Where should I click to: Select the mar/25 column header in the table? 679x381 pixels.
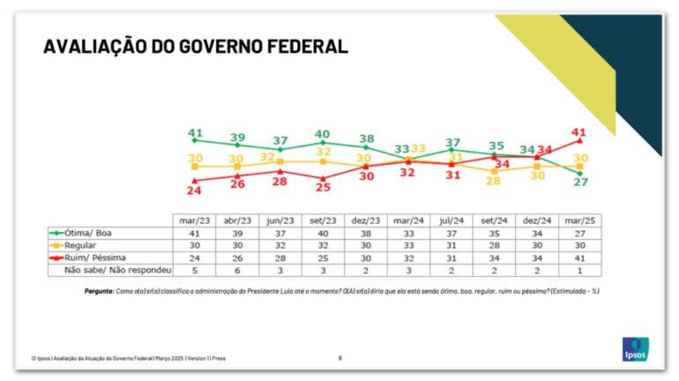coord(580,220)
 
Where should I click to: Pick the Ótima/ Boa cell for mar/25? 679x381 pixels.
coord(580,232)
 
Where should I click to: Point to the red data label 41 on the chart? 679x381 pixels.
coord(578,132)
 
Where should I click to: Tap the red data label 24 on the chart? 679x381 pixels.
coord(195,191)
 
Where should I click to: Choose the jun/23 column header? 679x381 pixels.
coord(280,220)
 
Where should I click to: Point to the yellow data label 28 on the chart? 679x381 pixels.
coord(493,181)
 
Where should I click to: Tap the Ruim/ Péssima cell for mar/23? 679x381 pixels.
coord(195,257)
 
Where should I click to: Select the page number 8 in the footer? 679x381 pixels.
coord(340,358)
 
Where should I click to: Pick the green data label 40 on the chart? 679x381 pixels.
coord(323,134)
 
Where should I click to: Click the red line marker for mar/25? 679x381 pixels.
coord(580,141)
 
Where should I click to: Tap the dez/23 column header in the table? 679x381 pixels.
coord(365,220)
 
